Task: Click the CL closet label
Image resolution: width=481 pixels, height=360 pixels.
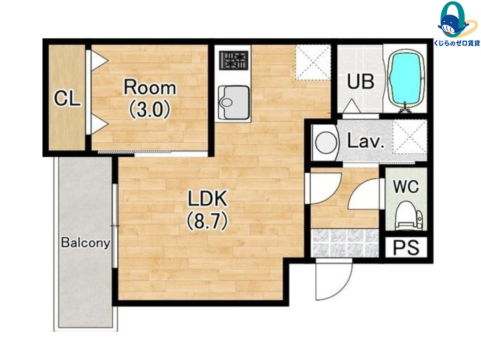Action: (67, 99)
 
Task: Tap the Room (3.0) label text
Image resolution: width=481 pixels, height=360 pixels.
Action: (150, 99)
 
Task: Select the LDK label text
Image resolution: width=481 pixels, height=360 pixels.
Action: (208, 198)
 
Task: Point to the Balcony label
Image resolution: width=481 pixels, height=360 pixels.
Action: (86, 243)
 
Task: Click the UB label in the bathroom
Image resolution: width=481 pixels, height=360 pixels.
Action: (361, 81)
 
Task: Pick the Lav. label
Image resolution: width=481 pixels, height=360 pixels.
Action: (366, 142)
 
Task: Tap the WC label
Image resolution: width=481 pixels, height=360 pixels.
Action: (406, 186)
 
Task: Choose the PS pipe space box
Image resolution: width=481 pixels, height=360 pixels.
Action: (406, 248)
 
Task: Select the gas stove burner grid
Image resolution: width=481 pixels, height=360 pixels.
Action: (234, 60)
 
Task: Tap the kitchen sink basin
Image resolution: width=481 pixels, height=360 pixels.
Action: (234, 103)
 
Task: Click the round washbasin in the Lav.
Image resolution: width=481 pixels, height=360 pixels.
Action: (326, 143)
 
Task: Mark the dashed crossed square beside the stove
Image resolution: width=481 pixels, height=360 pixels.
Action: (313, 62)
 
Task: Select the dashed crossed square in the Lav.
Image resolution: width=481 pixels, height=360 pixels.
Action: (410, 136)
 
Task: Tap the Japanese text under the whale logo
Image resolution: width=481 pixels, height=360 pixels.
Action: (457, 43)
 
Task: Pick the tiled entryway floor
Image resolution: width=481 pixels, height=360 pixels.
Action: (345, 243)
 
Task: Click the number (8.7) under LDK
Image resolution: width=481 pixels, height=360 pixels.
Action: (207, 221)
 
